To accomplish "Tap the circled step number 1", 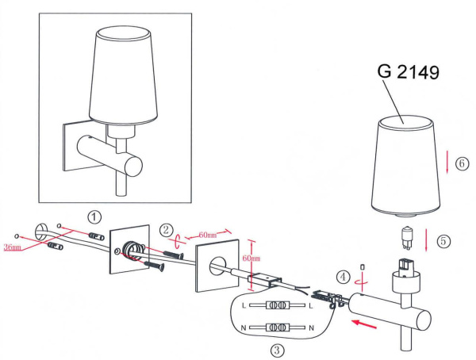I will click(x=94, y=216).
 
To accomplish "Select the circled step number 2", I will click(x=166, y=230).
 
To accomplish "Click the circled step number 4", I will click(x=341, y=278).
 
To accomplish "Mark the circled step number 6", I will click(x=463, y=165).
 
